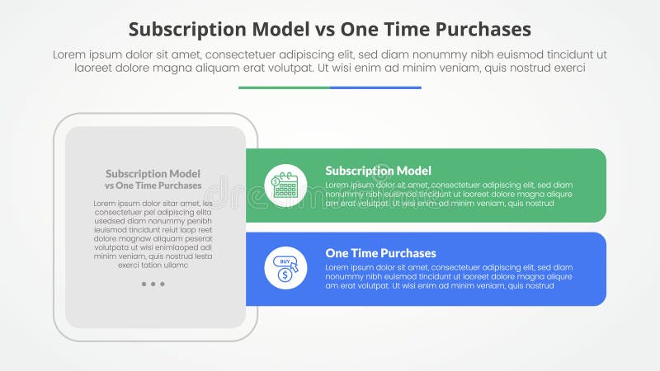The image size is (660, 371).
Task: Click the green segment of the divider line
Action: [284, 87]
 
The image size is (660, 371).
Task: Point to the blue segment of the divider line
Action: [375, 87]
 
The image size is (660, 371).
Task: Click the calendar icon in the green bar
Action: [285, 185]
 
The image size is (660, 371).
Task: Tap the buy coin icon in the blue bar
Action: [285, 268]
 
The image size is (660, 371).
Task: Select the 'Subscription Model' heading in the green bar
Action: [378, 171]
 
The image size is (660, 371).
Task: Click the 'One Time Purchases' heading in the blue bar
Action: [380, 253]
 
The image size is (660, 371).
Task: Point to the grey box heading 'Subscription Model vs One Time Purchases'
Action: [153, 179]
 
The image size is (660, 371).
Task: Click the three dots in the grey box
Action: [153, 284]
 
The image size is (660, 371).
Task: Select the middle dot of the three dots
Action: [153, 284]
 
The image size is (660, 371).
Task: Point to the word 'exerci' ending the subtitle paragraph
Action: [567, 68]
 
